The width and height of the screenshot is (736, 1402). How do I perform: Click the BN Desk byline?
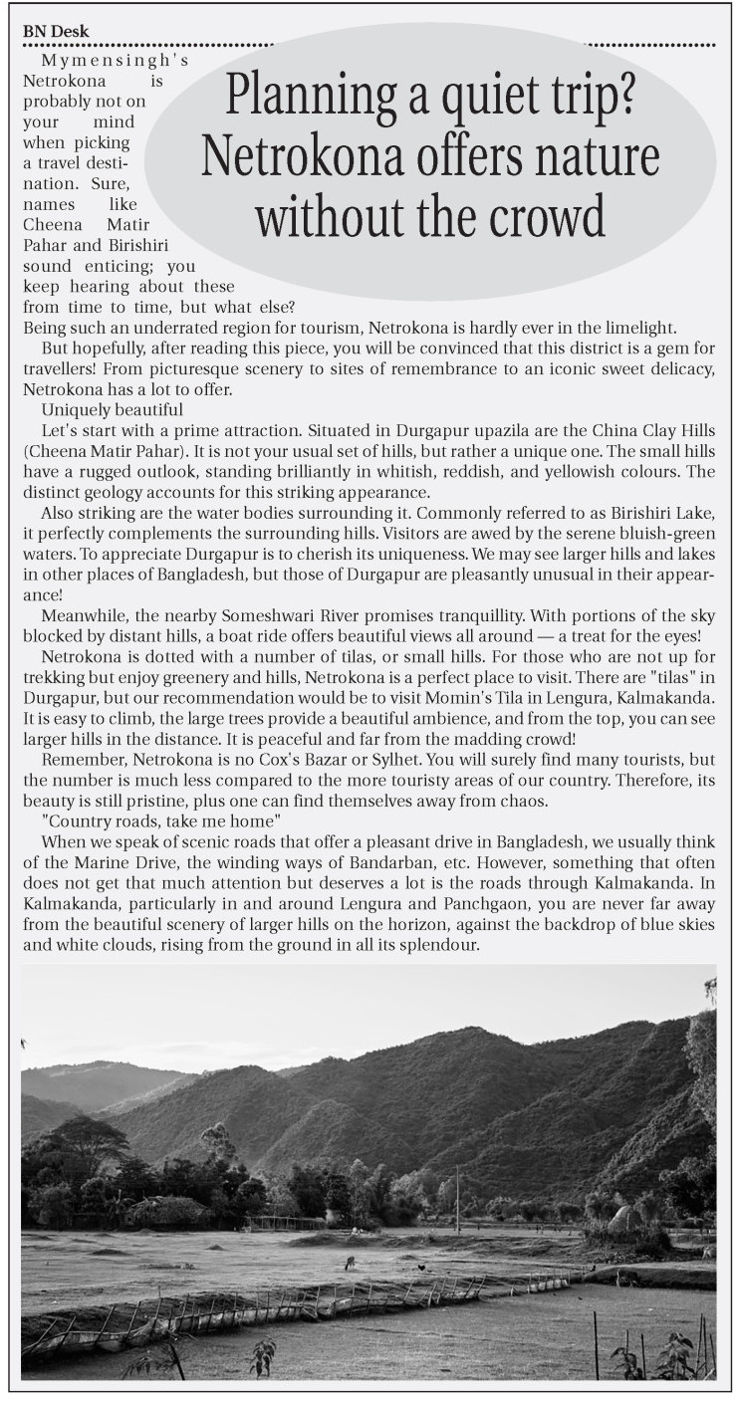click(56, 32)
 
